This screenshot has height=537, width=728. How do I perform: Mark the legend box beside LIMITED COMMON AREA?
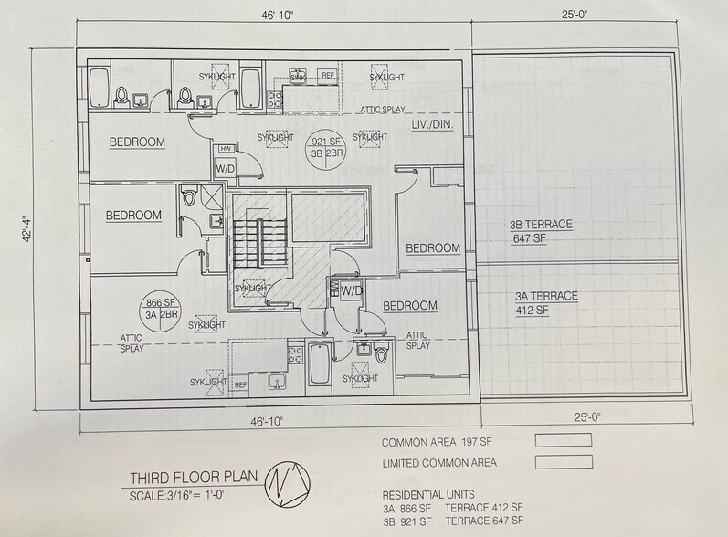tap(563, 462)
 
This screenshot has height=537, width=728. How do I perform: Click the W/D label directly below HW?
tap(224, 168)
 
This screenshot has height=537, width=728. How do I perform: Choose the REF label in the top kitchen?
tap(325, 75)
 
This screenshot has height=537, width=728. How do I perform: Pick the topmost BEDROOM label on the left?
tap(137, 142)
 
